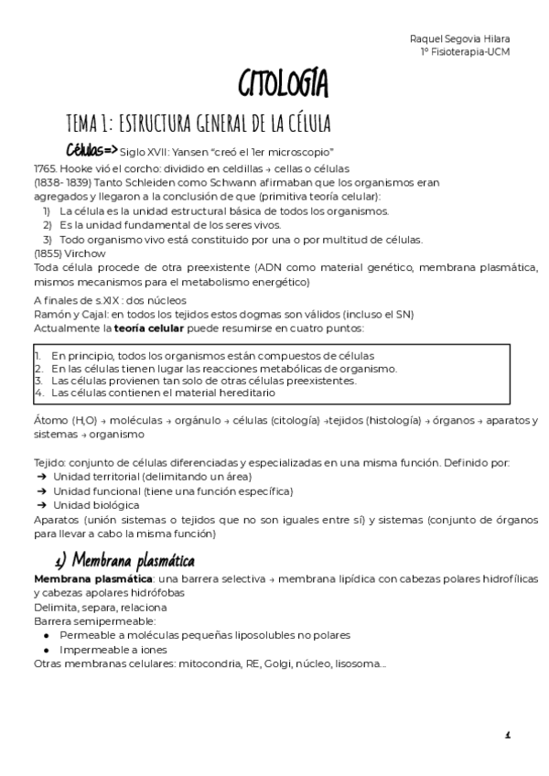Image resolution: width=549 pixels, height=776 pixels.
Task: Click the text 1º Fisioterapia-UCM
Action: click(x=464, y=51)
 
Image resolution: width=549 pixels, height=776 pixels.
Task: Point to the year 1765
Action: click(x=45, y=170)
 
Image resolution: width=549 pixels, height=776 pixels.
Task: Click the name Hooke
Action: click(x=77, y=170)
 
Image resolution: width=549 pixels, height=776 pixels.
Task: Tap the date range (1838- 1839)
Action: click(x=59, y=183)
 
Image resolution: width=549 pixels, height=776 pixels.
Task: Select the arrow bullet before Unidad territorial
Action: click(x=40, y=477)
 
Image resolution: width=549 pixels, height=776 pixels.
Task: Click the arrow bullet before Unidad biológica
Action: click(x=40, y=504)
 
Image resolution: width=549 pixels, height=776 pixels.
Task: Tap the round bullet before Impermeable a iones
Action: click(x=47, y=650)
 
